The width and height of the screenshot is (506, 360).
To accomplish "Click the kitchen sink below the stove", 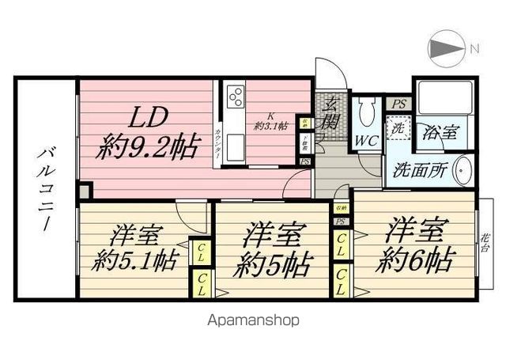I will click(x=235, y=139).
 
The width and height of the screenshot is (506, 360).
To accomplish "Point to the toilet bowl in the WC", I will click(x=364, y=115).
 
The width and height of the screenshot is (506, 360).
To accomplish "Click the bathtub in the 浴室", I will click(x=444, y=97).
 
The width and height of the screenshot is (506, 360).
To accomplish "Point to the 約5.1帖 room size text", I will click(x=133, y=259).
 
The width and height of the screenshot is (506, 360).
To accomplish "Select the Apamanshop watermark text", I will click(x=253, y=320).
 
